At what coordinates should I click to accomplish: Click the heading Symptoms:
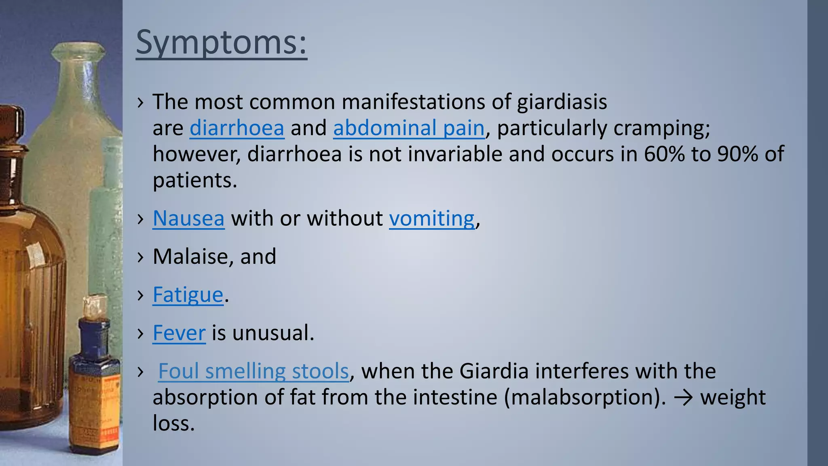pos(221,42)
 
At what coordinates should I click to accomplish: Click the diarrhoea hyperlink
pos(237,128)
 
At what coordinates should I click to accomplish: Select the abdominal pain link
pos(409,128)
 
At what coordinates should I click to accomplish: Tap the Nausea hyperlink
pos(188,219)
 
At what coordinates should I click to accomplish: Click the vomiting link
pos(432,219)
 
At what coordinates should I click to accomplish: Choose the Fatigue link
pos(188,295)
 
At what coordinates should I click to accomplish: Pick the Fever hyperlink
pos(179,333)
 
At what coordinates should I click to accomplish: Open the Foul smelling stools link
pos(253,371)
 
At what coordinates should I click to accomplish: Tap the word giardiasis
pos(562,102)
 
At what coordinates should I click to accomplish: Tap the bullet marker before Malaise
pos(140,257)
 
